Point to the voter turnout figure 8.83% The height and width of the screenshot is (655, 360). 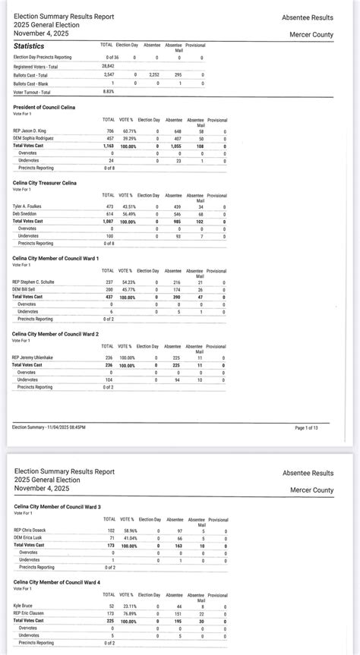pyautogui.click(x=109, y=91)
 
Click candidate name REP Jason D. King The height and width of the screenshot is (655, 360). pyautogui.click(x=30, y=131)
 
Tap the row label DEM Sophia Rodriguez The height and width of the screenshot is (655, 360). pyautogui.click(x=35, y=138)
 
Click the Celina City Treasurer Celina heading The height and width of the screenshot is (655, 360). pyautogui.click(x=49, y=183)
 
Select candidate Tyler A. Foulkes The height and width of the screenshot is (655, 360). pyautogui.click(x=27, y=206)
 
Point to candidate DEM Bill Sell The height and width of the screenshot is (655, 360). pyautogui.click(x=27, y=289)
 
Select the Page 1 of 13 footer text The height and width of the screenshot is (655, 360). pyautogui.click(x=310, y=428)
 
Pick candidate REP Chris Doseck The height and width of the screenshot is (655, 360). pyautogui.click(x=30, y=530)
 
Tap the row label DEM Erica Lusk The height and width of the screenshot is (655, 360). pyautogui.click(x=29, y=537)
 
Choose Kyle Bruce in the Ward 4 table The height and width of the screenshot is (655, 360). pyautogui.click(x=24, y=606)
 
